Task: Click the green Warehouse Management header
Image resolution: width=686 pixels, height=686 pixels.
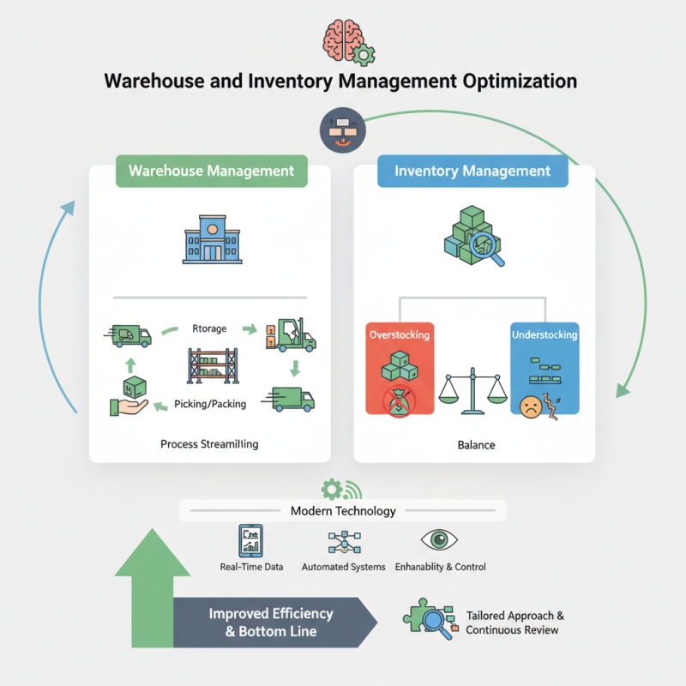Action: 211,170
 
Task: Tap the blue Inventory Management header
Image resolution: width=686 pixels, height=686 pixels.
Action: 472,171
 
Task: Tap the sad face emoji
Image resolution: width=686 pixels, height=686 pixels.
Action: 531,405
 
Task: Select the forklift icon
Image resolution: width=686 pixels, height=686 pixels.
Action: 292,334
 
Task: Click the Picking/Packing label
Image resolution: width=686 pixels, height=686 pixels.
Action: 211,404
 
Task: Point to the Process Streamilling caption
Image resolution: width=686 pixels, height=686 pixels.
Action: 209,444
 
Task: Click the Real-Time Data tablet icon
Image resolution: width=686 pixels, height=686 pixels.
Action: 251,541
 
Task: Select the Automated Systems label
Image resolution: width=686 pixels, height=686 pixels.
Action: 343,567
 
